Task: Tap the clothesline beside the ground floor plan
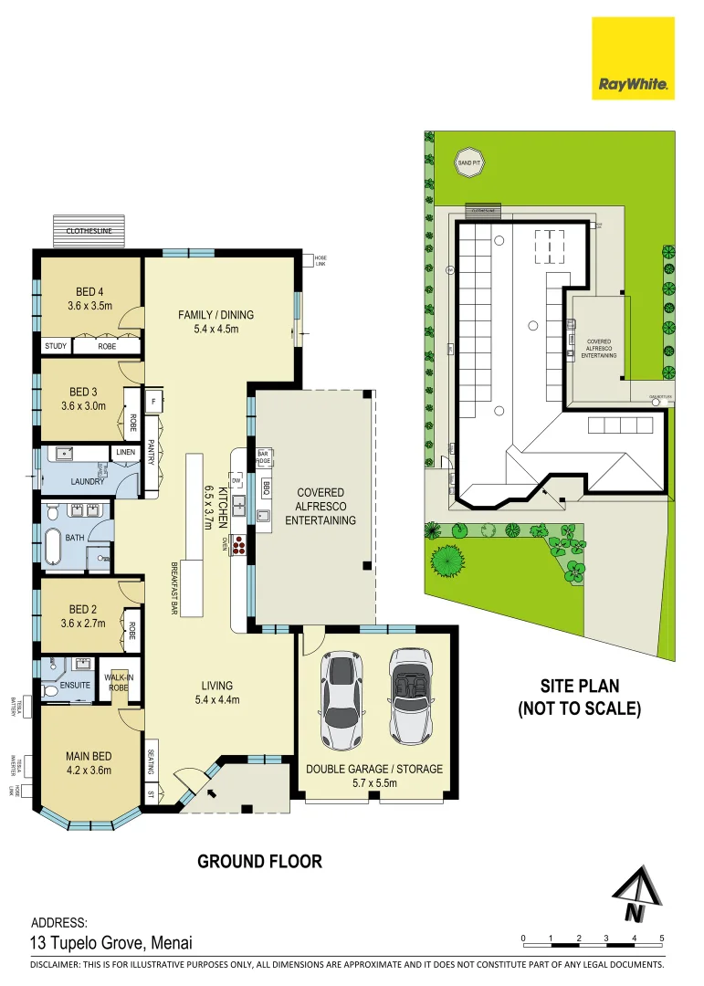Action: click(x=89, y=230)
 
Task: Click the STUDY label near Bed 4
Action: click(x=56, y=347)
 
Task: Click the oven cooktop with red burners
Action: click(x=239, y=545)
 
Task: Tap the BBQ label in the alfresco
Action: click(x=267, y=485)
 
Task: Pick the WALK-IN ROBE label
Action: click(x=116, y=683)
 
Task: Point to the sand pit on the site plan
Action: click(x=469, y=163)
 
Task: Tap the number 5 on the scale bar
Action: click(x=661, y=939)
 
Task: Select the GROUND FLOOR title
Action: click(x=259, y=861)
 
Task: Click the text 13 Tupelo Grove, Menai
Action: click(x=111, y=944)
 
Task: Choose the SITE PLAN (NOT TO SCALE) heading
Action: click(x=579, y=697)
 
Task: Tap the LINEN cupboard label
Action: click(x=125, y=452)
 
